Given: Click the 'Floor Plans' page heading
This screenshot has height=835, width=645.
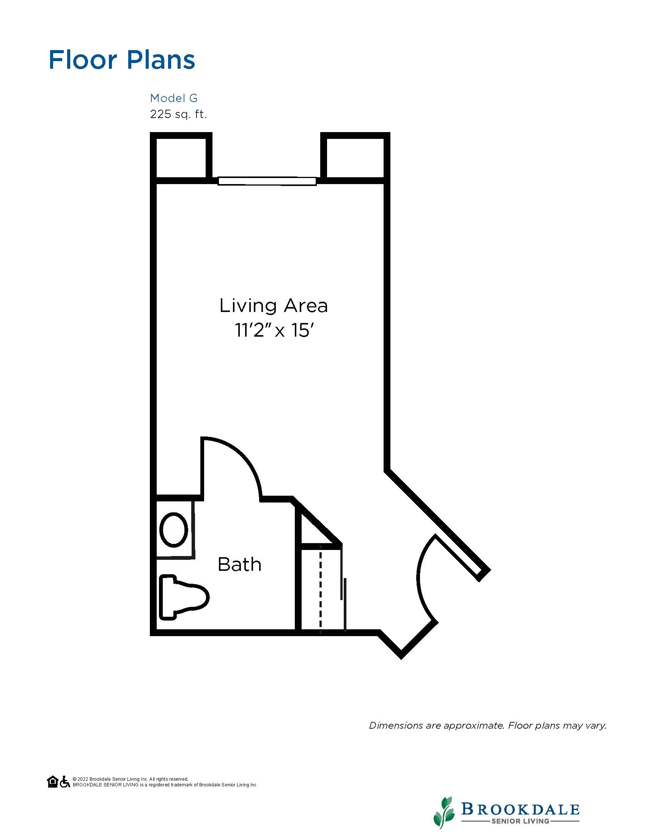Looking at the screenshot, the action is click(x=122, y=60).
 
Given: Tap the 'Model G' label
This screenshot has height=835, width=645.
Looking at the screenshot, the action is click(x=174, y=98).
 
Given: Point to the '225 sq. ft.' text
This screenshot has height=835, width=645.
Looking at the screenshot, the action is click(x=178, y=114).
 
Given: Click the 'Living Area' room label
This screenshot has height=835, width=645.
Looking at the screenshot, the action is click(x=274, y=306).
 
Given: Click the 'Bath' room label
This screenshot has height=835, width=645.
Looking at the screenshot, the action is click(x=239, y=564).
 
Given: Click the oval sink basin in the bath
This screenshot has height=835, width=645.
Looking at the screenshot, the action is click(x=174, y=530).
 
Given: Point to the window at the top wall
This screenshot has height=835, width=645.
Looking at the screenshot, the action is click(x=267, y=181).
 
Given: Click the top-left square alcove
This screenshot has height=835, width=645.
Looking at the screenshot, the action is click(x=181, y=158).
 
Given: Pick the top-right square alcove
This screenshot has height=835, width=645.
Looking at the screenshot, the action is click(x=355, y=158).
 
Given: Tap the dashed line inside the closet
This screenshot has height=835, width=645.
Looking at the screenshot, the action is click(x=320, y=589).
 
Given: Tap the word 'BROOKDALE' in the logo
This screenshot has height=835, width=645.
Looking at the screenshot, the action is click(x=521, y=807).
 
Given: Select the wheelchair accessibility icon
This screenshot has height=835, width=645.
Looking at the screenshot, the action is click(x=65, y=781).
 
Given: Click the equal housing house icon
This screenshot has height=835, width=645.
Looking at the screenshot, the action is click(x=53, y=781).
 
